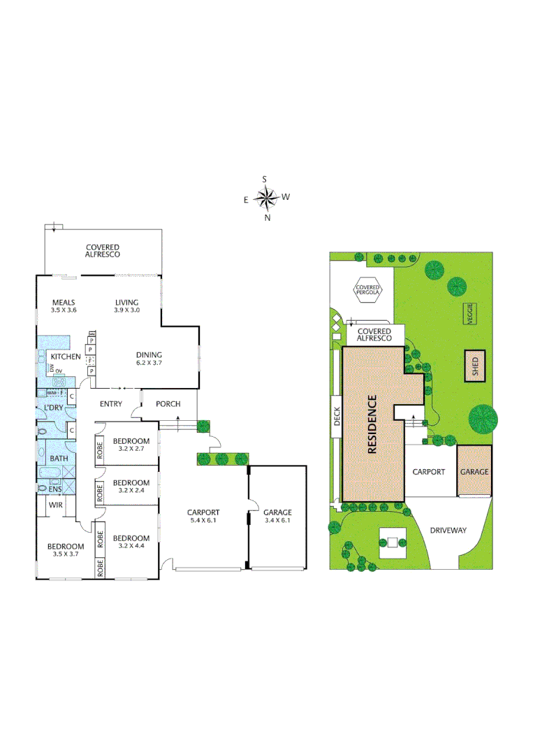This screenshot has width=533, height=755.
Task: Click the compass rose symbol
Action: [x=266, y=199]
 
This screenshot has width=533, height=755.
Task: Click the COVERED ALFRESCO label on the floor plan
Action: [x=103, y=251]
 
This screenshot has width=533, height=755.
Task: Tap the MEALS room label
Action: [x=63, y=306]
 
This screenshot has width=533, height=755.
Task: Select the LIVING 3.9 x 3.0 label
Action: [x=127, y=306]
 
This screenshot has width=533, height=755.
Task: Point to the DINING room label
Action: [x=148, y=359]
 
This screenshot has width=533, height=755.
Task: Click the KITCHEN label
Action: [x=66, y=357]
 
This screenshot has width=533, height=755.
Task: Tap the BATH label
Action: [x=58, y=459]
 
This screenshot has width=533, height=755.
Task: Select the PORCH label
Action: [x=168, y=403]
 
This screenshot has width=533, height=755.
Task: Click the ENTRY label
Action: [x=110, y=403]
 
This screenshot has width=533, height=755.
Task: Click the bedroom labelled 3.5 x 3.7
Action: [x=66, y=550]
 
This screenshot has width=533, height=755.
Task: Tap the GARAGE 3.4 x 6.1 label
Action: [x=277, y=516]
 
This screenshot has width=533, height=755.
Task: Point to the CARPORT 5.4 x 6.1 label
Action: [x=203, y=516]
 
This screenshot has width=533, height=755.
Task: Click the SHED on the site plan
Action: [x=476, y=366]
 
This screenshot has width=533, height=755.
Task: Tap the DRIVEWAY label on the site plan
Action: [x=448, y=530]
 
